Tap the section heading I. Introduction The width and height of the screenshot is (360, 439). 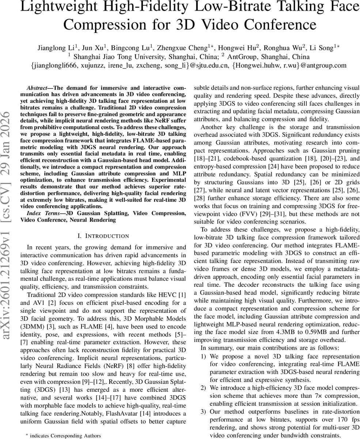coord(103,236)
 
